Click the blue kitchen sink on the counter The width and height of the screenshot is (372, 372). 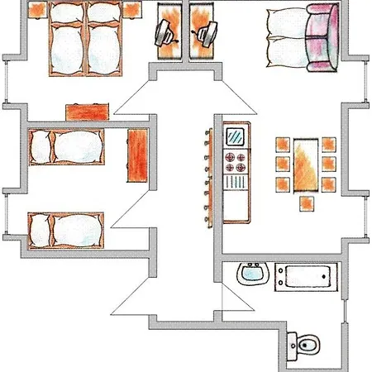click(x=236, y=134)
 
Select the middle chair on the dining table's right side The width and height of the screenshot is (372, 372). click(x=329, y=163)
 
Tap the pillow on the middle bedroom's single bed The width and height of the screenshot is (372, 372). click(x=41, y=148)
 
